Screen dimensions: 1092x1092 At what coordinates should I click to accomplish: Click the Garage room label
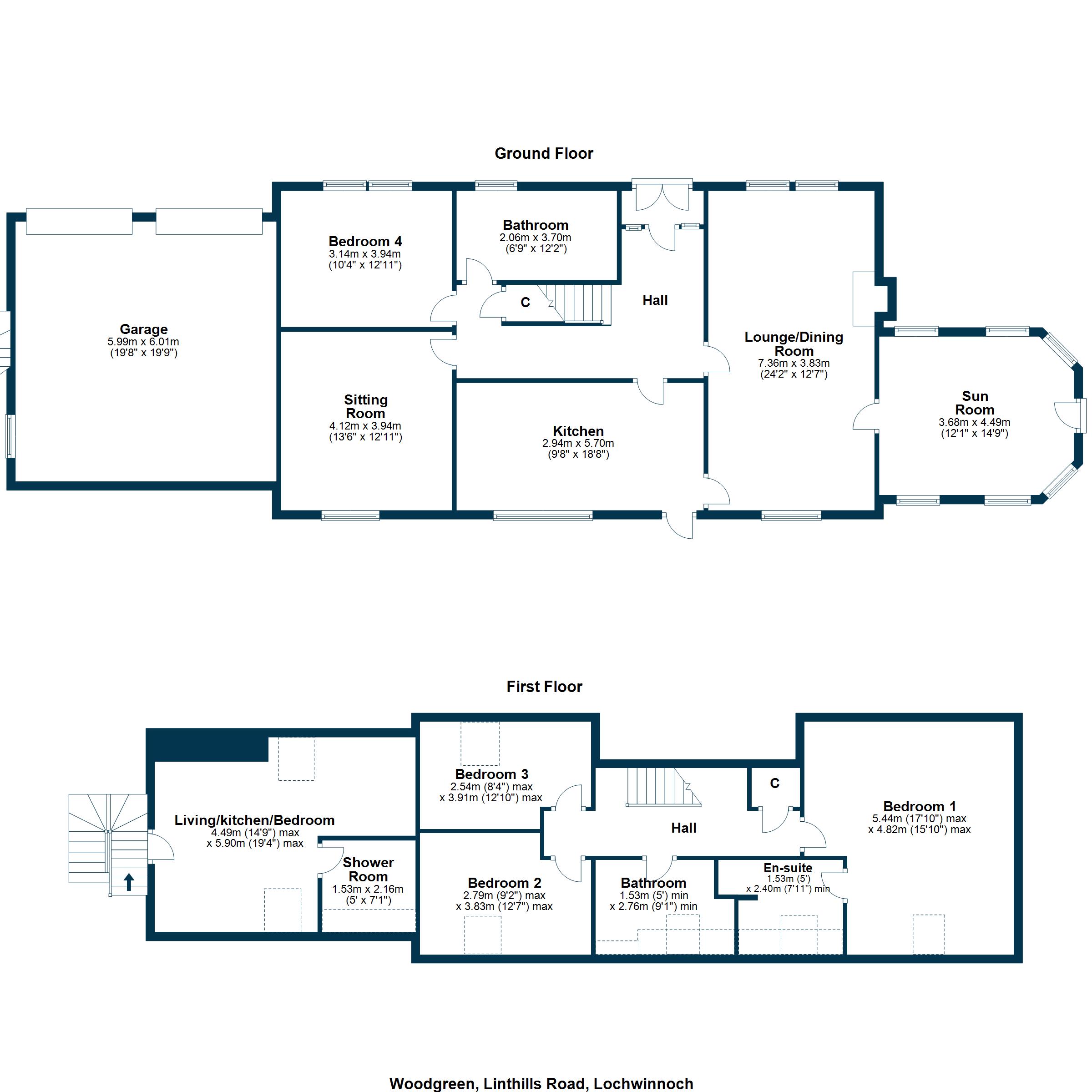pos(144,329)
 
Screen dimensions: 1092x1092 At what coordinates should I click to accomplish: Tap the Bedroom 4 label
pos(365,241)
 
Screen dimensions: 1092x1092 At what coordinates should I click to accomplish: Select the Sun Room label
pos(975,403)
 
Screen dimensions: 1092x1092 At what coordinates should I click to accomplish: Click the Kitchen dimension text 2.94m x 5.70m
pos(578,443)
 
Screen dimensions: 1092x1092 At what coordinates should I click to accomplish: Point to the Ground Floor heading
pos(544,153)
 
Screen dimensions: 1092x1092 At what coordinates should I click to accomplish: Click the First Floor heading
pos(544,686)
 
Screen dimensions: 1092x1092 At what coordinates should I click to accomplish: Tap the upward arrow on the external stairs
pos(129,882)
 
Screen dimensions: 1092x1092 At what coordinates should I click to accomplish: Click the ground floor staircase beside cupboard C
pos(579,303)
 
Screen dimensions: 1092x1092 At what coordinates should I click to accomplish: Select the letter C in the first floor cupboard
pos(774,783)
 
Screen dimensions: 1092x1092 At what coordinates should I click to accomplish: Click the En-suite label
pos(788,868)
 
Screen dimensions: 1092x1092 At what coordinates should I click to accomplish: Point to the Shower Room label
pos(368,870)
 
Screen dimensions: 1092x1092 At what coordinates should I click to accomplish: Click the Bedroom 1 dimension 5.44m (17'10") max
pos(919,819)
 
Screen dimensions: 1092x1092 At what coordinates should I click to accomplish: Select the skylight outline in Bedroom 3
pos(480,743)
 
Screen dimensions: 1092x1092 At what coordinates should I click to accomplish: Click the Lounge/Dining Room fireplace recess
pos(864,299)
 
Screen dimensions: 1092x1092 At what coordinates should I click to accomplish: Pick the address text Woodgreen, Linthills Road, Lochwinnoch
pos(541,1083)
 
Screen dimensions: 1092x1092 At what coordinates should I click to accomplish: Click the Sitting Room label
pos(366,406)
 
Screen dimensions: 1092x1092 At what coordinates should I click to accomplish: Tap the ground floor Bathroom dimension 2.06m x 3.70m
pos(535,238)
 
